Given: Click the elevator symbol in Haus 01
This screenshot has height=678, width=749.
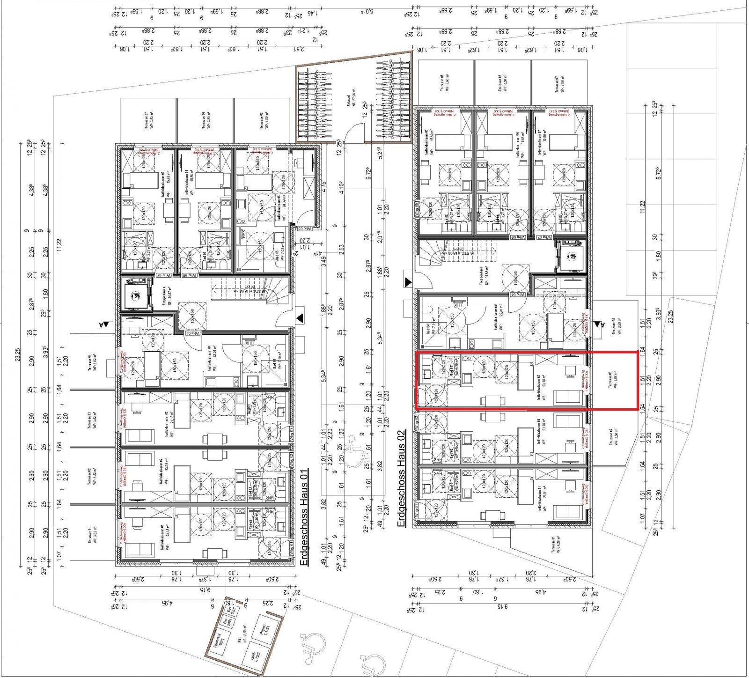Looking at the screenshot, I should point(136,296).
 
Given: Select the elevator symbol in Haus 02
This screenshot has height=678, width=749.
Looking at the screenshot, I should point(571,256).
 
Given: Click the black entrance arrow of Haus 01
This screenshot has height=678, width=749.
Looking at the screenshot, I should point(300,318).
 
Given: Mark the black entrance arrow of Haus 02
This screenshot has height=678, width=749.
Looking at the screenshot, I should point(408,282).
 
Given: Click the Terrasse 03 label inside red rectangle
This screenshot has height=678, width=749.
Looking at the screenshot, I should point(611,380).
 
